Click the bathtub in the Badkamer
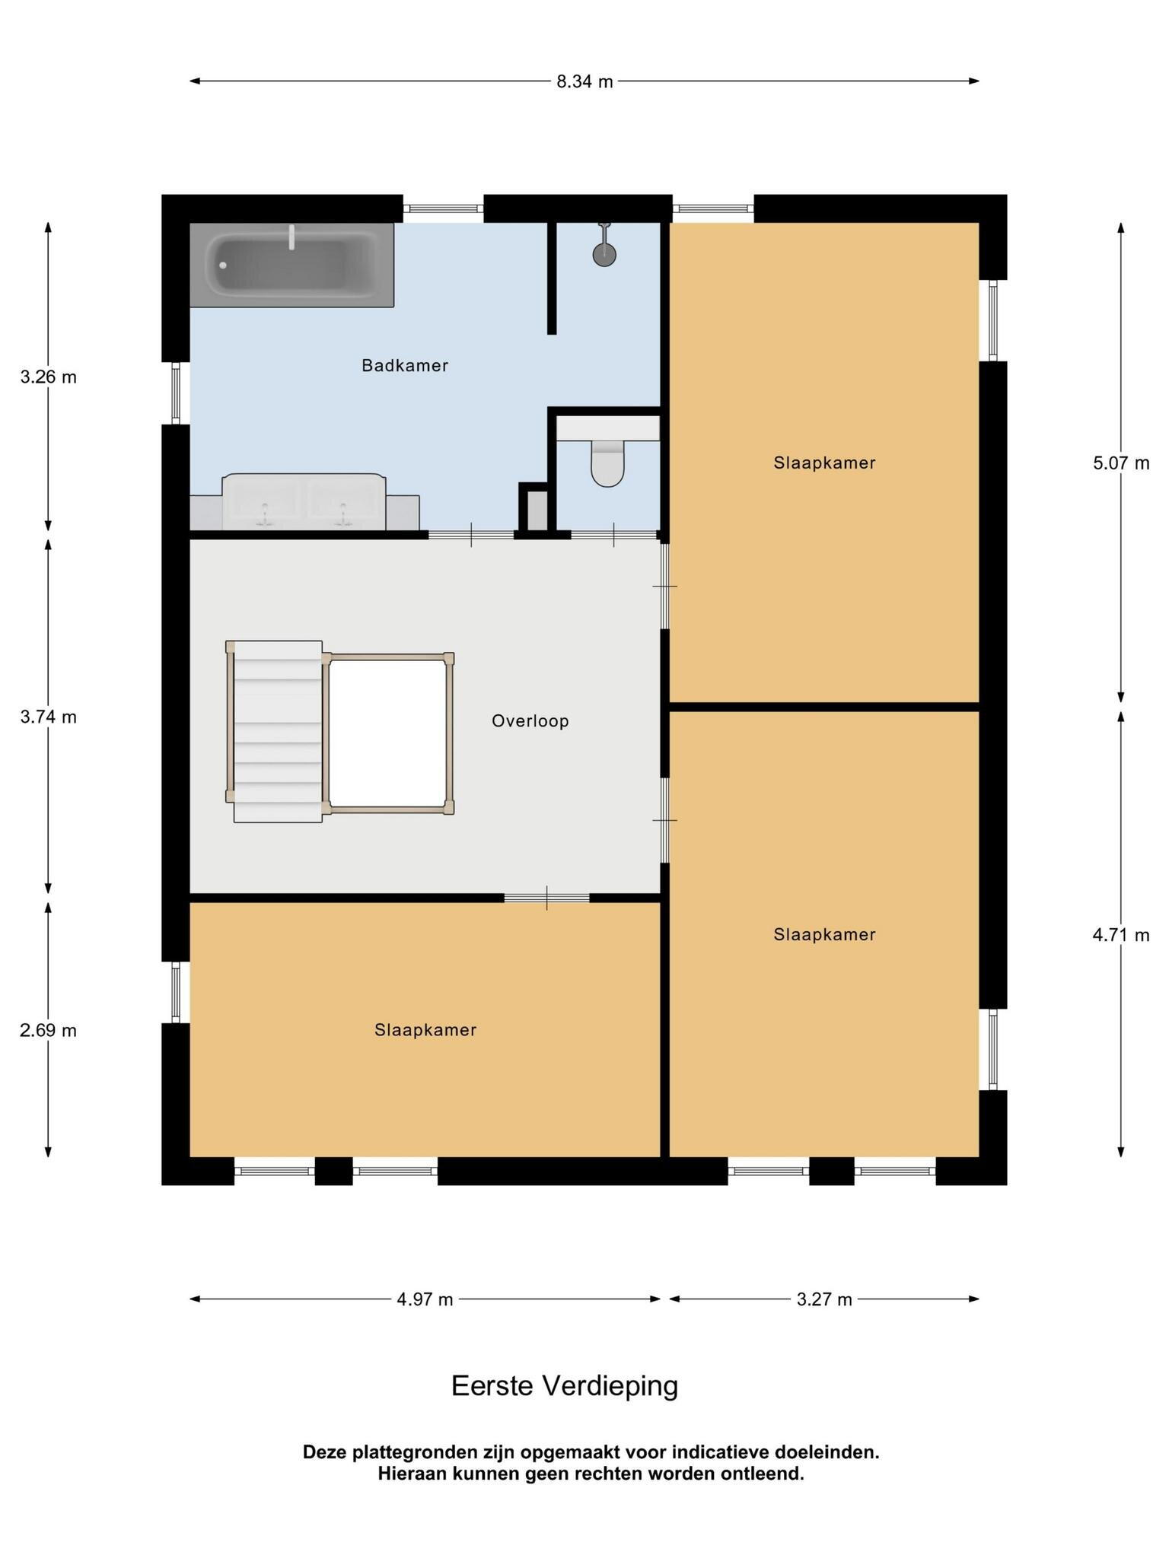coord(291,265)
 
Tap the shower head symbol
coord(604,245)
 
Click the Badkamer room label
coord(405,366)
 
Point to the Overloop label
coord(530,721)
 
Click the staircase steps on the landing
coord(278,731)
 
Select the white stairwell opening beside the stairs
coord(387,733)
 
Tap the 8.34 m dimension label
coord(584,81)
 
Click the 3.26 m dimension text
coord(49,377)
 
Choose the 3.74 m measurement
coord(49,717)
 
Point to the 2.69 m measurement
coord(49,1031)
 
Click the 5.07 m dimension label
coord(1121,463)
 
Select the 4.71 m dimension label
coord(1121,935)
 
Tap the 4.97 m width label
coord(425,1299)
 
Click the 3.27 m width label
coord(824,1299)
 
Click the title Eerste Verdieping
coord(565,1386)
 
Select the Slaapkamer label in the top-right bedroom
coord(825,463)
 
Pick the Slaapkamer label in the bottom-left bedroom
coord(425,1030)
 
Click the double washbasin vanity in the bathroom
coord(304,501)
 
